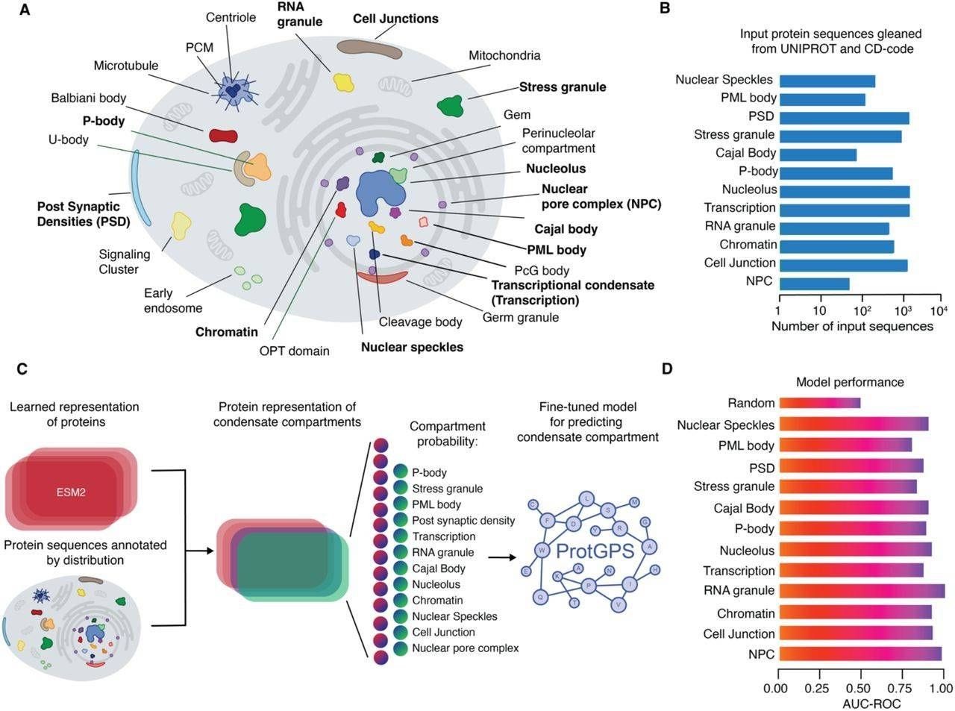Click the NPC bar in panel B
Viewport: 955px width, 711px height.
point(814,284)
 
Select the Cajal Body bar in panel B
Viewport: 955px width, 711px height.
point(817,155)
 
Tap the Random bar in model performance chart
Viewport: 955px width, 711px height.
point(819,403)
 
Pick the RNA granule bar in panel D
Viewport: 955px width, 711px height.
point(862,591)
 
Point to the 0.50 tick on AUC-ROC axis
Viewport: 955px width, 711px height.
point(860,688)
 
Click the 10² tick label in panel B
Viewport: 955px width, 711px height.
point(862,310)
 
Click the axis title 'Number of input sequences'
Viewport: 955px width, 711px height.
point(852,326)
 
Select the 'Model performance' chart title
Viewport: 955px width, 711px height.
point(850,382)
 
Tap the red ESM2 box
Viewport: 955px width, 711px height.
point(71,492)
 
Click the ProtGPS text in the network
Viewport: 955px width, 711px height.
point(595,551)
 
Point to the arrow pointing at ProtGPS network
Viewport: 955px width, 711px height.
point(506,557)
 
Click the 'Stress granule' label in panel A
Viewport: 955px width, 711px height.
point(563,87)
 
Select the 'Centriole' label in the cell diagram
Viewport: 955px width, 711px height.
point(231,17)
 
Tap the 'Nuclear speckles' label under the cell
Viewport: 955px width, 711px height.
point(412,347)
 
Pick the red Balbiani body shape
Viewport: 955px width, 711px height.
point(222,135)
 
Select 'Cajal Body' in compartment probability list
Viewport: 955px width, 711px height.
point(439,569)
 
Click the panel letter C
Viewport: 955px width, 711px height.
point(22,369)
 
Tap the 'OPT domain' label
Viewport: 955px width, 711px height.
point(294,351)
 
